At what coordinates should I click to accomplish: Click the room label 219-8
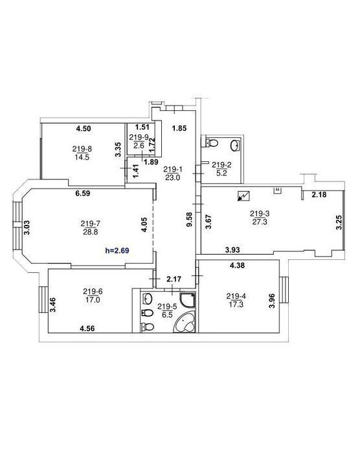coord(82,149)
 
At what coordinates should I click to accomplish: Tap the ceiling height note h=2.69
coord(117,250)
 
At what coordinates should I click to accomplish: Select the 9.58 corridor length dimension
coord(189,220)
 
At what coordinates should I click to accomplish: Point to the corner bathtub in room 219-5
coord(184,323)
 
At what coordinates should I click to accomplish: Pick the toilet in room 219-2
coord(212,143)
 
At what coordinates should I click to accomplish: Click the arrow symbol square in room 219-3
coord(243,196)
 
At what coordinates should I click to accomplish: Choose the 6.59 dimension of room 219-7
coord(83,193)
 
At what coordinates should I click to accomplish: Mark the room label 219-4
coord(236,296)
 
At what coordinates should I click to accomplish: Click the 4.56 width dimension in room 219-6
coord(87,329)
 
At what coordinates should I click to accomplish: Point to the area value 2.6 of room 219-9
coord(139,145)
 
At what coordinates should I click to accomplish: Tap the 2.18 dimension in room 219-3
coord(319,194)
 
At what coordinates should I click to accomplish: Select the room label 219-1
coord(173,168)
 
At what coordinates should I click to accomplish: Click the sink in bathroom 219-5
coord(148,299)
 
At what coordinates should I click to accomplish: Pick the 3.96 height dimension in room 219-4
coord(272,301)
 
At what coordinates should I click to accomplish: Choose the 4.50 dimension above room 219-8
coord(84,128)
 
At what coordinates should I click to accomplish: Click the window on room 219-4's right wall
coord(284,290)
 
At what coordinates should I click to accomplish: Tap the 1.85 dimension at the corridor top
coord(179,128)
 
